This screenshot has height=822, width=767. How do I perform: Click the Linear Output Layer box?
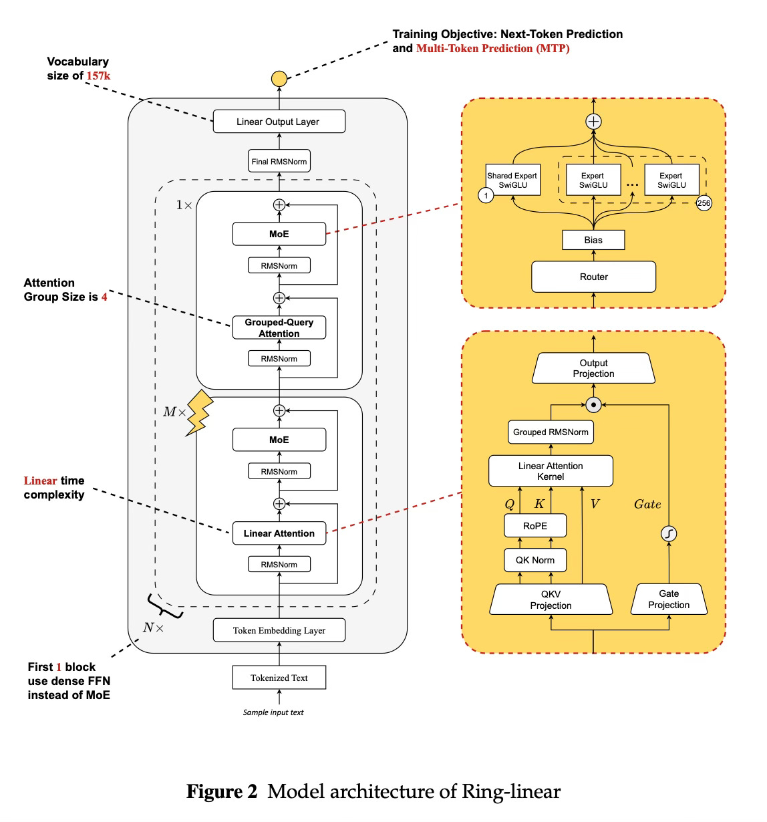(x=279, y=122)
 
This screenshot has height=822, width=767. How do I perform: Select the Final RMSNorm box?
(x=279, y=161)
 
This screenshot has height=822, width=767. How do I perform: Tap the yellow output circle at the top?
(x=279, y=80)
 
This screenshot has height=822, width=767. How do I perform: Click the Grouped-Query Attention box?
(x=279, y=327)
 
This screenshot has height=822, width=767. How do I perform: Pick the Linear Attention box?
(x=279, y=533)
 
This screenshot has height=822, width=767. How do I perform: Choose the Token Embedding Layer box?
(x=279, y=630)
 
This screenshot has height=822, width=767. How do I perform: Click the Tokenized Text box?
(x=279, y=678)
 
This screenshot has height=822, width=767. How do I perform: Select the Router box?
(x=593, y=277)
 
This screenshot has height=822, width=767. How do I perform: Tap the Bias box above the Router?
(x=593, y=240)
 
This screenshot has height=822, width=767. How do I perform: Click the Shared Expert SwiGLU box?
(x=512, y=180)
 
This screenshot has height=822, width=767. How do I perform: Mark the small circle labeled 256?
(x=704, y=203)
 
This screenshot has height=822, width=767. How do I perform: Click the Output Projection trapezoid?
(x=593, y=368)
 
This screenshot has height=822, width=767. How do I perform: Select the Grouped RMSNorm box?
(x=551, y=432)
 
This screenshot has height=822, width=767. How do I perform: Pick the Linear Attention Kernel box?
(x=551, y=471)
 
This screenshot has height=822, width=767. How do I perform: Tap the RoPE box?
(x=535, y=526)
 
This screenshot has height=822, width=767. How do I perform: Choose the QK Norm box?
(x=535, y=560)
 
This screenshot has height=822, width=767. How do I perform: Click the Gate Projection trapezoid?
(x=669, y=599)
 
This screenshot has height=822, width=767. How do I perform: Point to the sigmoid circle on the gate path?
(x=669, y=533)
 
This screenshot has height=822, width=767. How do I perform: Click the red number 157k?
(x=98, y=76)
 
